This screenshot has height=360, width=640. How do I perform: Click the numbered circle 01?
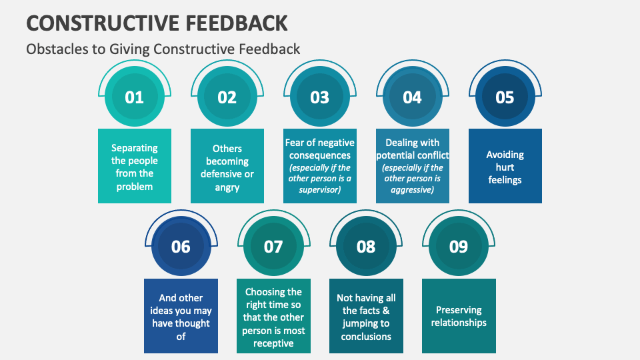click(x=134, y=97)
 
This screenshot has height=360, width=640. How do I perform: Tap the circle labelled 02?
click(x=227, y=97)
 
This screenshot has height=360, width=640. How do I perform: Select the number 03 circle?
click(x=319, y=97)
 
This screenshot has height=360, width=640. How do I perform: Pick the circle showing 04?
click(x=412, y=97)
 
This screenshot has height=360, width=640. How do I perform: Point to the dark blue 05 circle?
click(x=505, y=97)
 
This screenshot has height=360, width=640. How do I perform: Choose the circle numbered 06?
click(x=181, y=247)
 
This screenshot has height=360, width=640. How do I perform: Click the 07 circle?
click(x=273, y=247)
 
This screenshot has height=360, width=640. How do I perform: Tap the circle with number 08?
click(x=366, y=247)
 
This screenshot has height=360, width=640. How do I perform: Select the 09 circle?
click(x=459, y=247)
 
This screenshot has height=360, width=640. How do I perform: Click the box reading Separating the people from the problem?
click(x=134, y=167)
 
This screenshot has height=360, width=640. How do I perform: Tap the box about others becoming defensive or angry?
click(x=227, y=167)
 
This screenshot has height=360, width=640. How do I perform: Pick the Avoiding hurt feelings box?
click(x=505, y=167)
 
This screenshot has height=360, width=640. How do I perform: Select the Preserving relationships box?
click(x=459, y=316)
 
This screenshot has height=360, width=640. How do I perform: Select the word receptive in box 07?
click(x=273, y=343)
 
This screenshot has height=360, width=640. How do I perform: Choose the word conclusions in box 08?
click(x=366, y=337)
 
